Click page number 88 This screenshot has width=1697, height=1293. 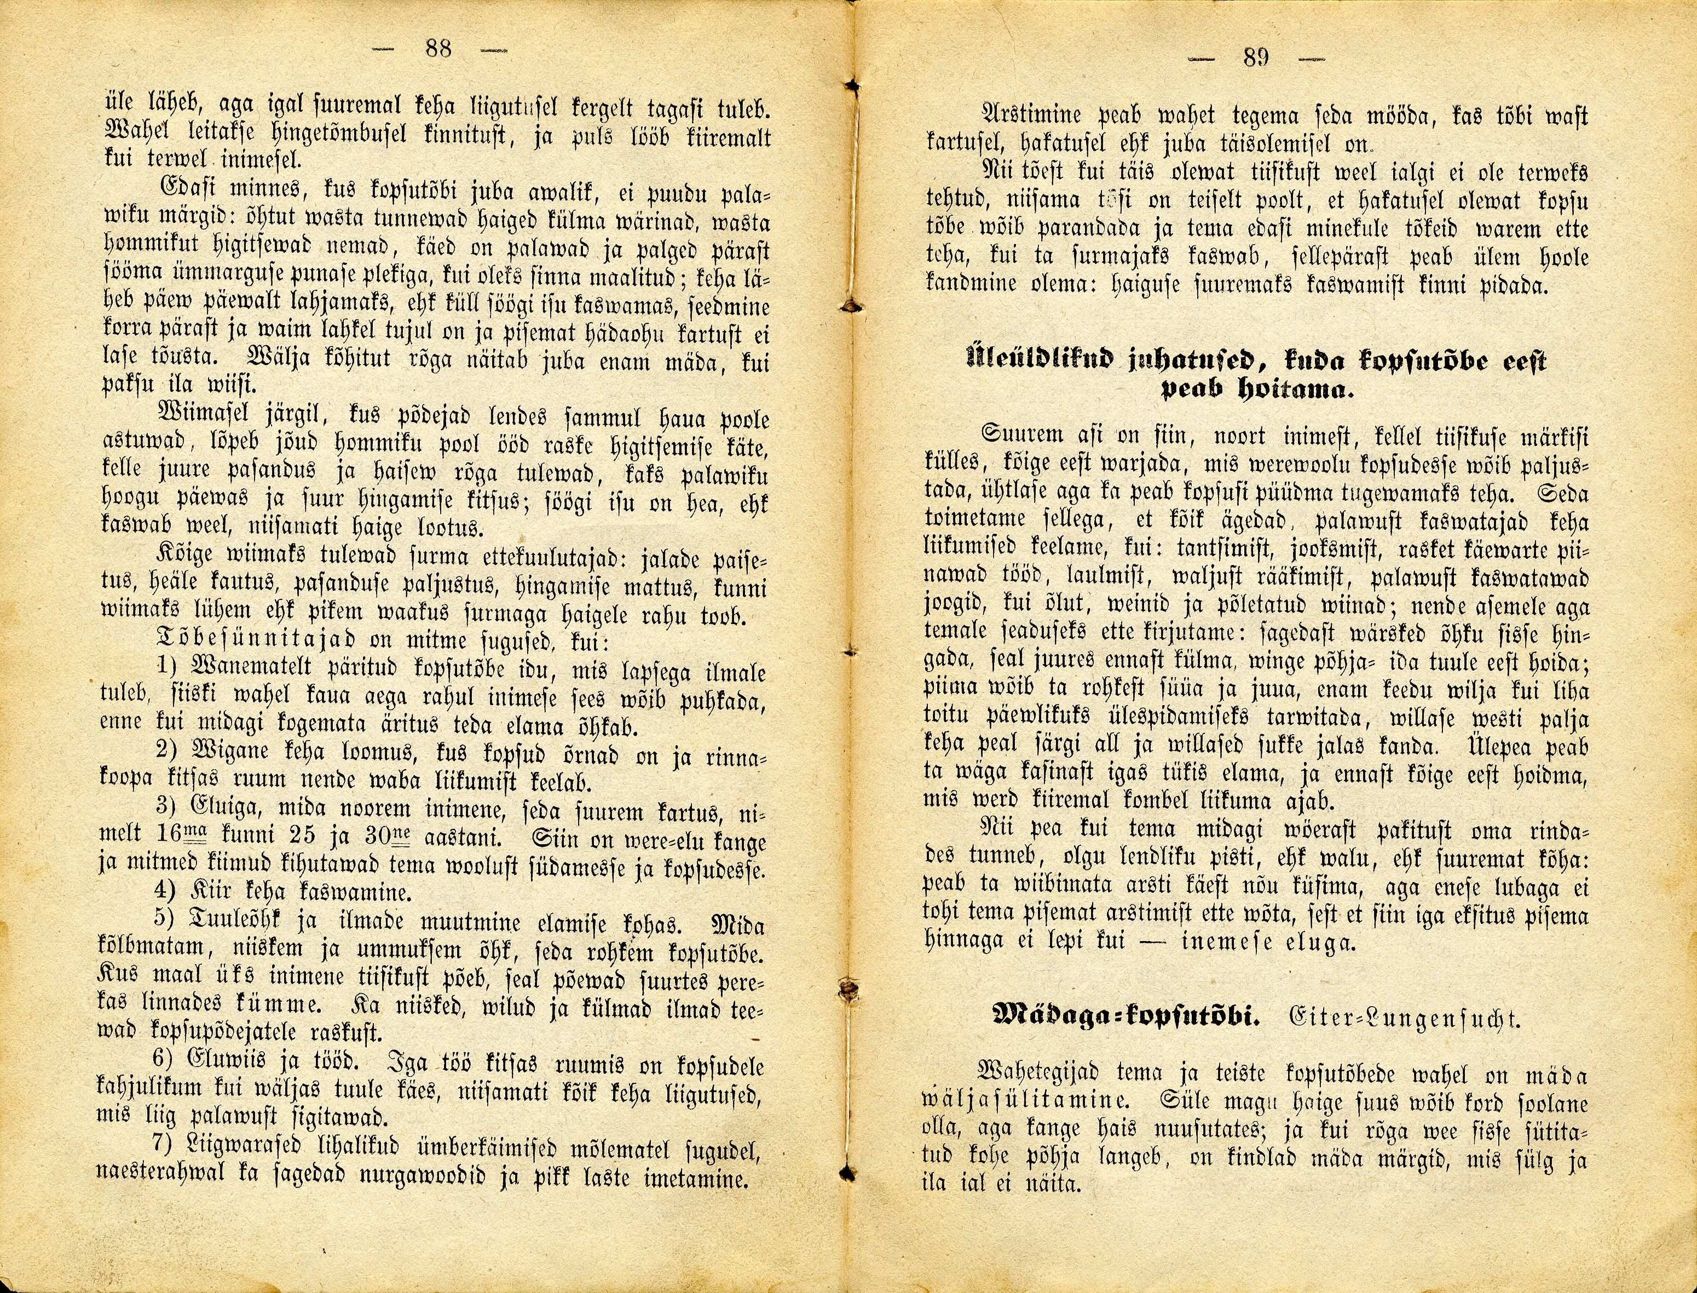pyautogui.click(x=438, y=49)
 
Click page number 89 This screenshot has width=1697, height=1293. pyautogui.click(x=1255, y=57)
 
